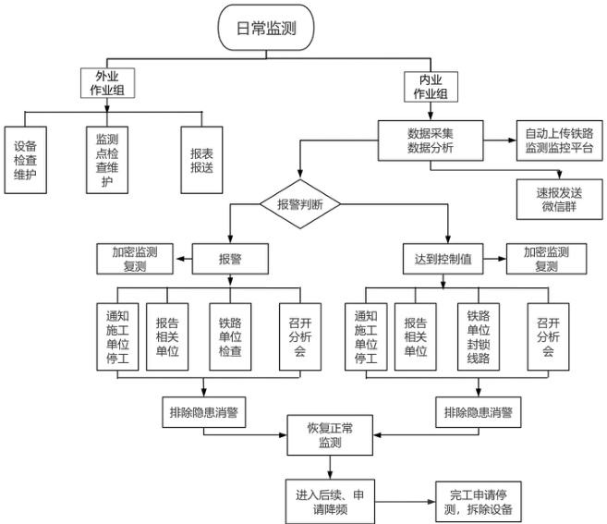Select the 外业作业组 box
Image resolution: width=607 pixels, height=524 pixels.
[x=106, y=84]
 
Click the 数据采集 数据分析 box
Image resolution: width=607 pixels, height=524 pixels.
[x=430, y=139]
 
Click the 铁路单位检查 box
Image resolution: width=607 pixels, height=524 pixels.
[x=230, y=336]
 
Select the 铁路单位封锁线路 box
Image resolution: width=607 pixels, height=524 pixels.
[x=482, y=336]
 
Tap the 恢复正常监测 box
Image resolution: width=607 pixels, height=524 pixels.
[x=330, y=435]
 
